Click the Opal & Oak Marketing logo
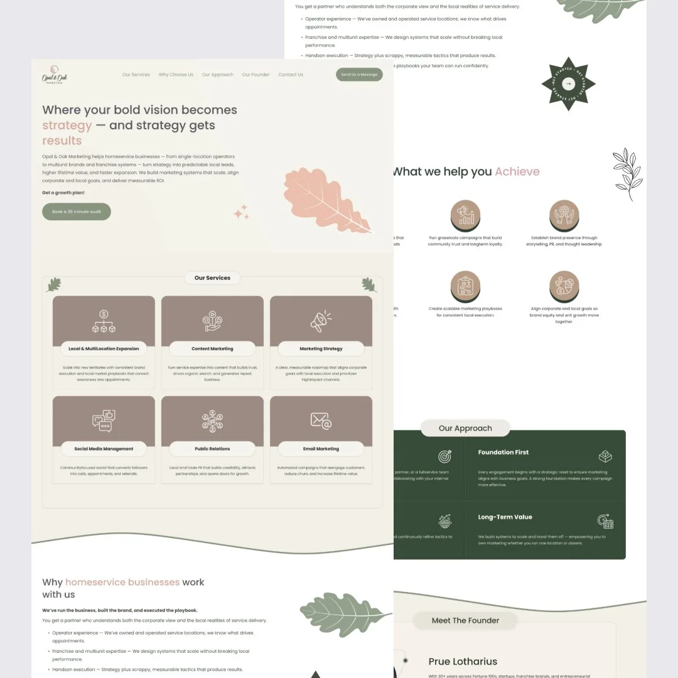[55, 75]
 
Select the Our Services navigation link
[136, 75]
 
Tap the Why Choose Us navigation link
[176, 75]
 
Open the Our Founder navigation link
[256, 75]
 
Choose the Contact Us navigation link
[291, 75]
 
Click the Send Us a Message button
[359, 75]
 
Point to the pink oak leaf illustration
[326, 200]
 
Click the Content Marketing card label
[212, 349]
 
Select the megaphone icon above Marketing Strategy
[321, 321]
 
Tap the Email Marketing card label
[321, 449]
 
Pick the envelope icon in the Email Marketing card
[321, 421]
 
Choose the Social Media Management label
[104, 449]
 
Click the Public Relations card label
[212, 449]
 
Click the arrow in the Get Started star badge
[568, 83]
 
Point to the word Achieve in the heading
[517, 171]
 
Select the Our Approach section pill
[465, 428]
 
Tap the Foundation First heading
[503, 452]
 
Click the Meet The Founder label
[465, 620]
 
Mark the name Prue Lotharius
[463, 661]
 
